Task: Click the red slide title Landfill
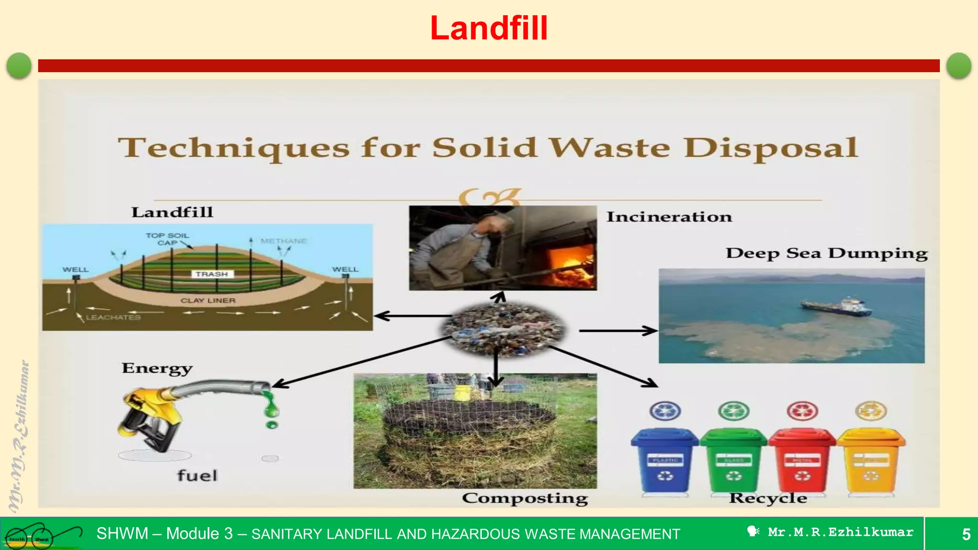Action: tap(489, 28)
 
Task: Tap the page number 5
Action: tap(966, 534)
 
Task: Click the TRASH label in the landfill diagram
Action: tap(212, 274)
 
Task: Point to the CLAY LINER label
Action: tap(208, 300)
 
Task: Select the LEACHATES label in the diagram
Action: tap(113, 317)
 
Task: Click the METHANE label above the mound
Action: tap(284, 241)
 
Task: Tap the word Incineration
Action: tap(669, 217)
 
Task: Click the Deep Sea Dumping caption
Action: tap(827, 253)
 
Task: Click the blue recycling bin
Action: tap(665, 461)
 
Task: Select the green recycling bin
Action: tap(733, 461)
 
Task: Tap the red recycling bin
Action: tap(802, 461)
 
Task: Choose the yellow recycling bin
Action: tap(871, 461)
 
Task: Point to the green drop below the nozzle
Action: tap(272, 424)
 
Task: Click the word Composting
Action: tap(525, 498)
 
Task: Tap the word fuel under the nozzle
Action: tap(197, 476)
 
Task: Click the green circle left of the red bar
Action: tap(19, 65)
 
